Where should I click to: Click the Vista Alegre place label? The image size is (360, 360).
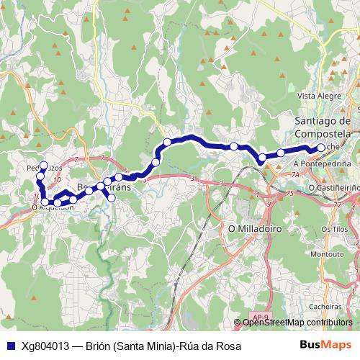(x=318, y=95)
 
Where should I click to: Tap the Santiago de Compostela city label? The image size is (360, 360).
(x=323, y=128)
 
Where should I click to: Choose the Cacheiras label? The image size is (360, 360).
(x=325, y=305)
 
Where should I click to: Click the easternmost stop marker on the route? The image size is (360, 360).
(x=320, y=148)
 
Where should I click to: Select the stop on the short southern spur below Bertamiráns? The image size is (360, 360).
(x=112, y=197)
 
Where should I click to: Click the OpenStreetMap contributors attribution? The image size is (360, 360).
(x=297, y=323)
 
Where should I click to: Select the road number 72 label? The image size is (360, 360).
(x=336, y=206)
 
